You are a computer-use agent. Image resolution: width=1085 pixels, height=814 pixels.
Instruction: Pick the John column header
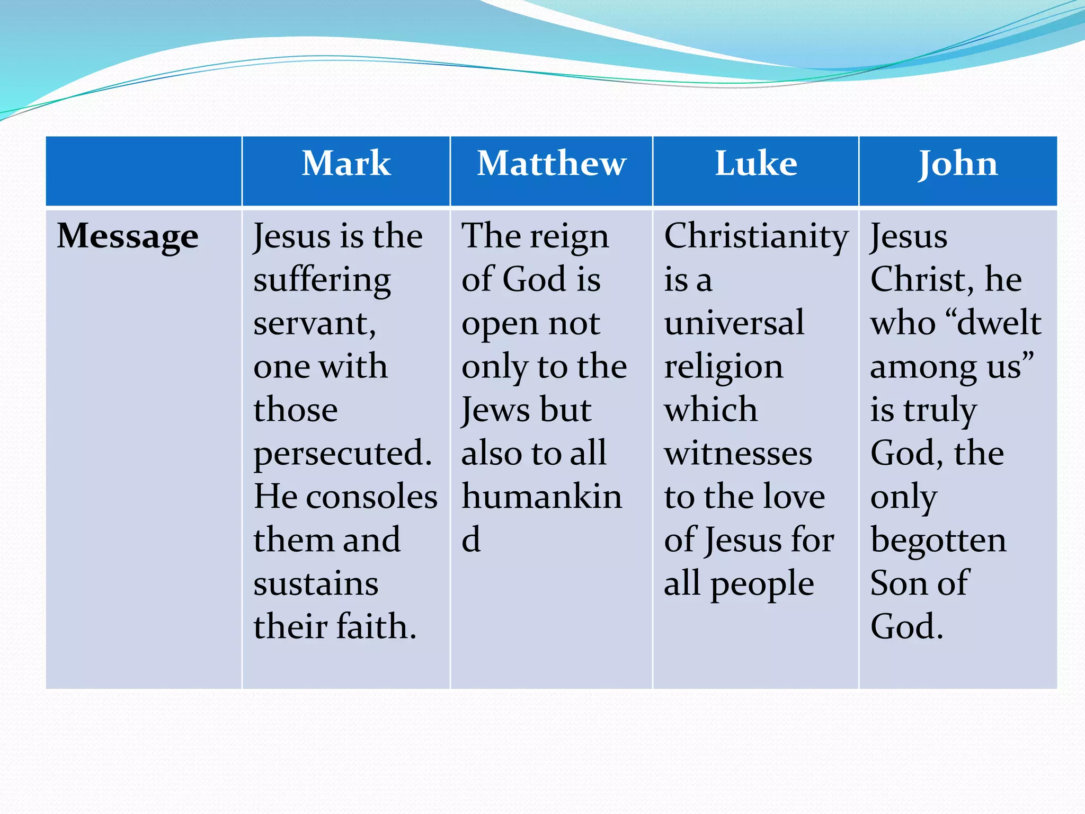(958, 164)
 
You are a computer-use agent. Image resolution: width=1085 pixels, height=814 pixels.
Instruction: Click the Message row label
(128, 236)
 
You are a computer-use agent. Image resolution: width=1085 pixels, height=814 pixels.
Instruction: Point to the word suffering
(322, 281)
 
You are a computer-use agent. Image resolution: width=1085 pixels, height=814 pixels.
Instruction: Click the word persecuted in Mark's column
(342, 454)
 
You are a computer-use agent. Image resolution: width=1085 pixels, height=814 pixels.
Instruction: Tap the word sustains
(316, 584)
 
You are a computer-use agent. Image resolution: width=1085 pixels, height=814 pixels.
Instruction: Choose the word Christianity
(756, 237)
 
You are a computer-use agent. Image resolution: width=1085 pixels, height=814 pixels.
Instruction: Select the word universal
(734, 323)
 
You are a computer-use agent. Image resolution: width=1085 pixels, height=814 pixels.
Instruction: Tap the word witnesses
(738, 454)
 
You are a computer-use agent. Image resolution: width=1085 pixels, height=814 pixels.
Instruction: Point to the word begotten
(938, 541)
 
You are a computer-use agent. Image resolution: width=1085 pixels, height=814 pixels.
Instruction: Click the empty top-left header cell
(144, 171)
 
